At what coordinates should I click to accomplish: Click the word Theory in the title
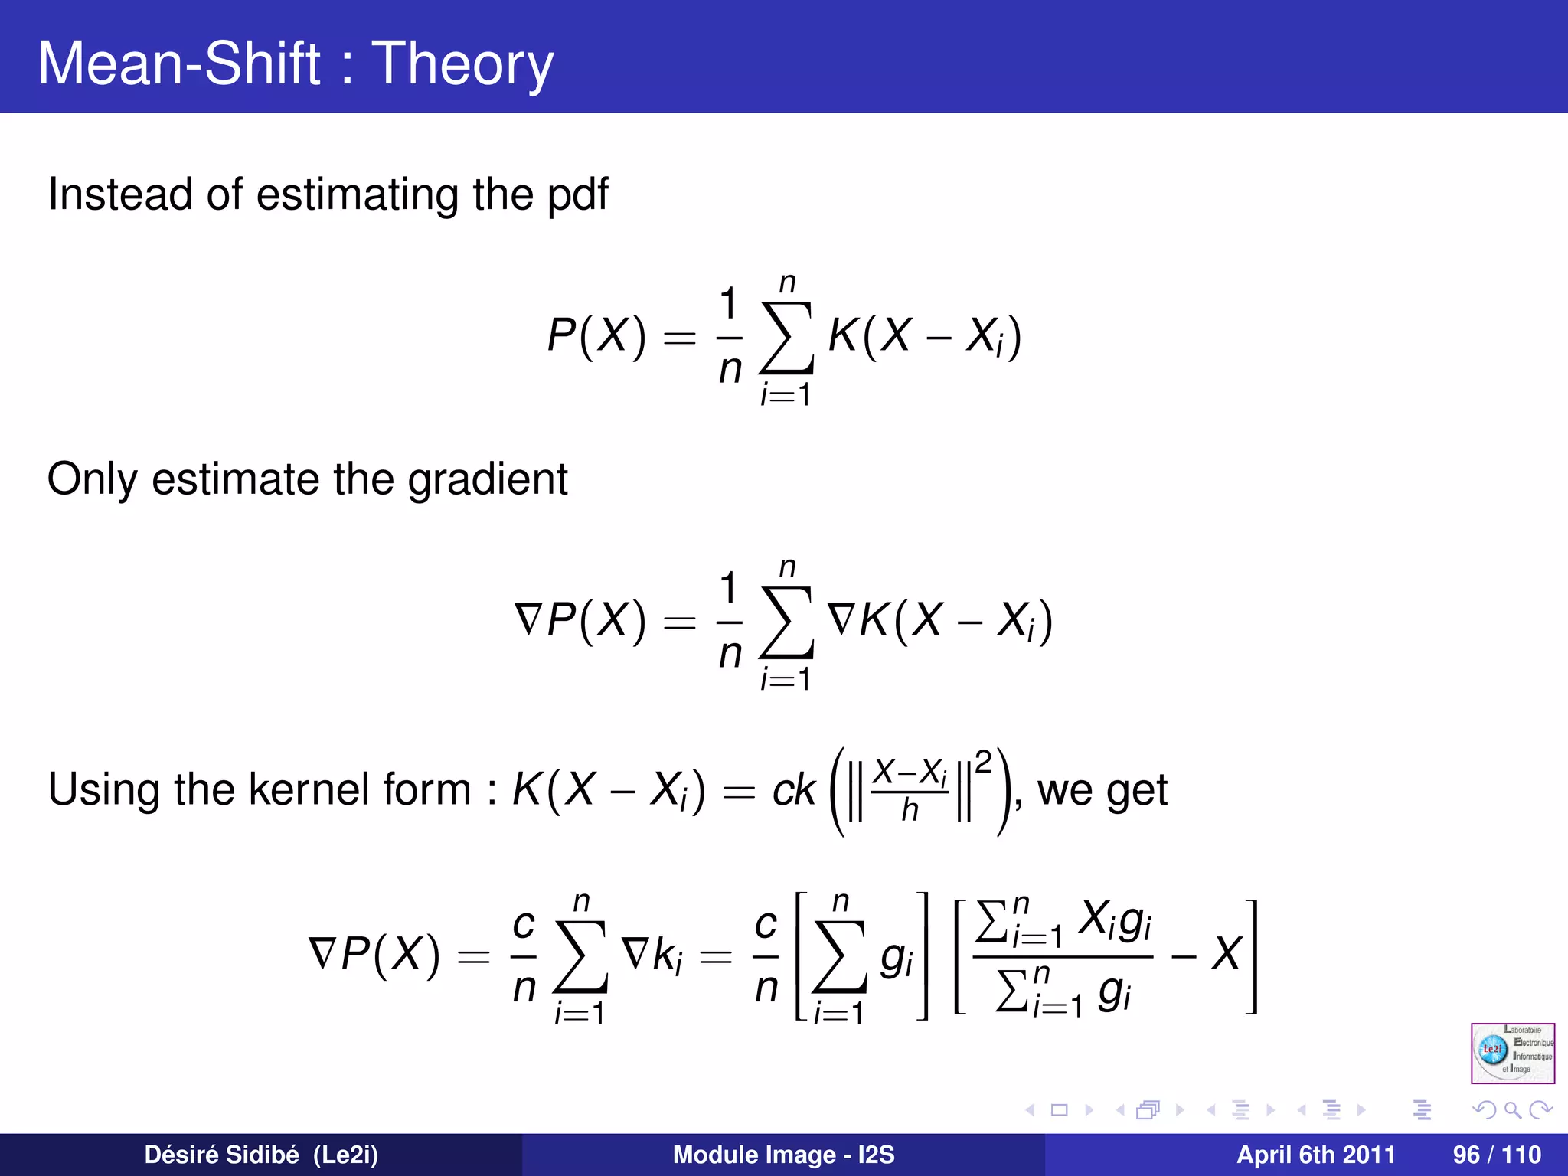[462, 64]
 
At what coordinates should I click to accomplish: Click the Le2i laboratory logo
[1512, 1053]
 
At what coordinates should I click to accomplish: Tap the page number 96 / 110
[1497, 1155]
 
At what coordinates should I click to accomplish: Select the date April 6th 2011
[1315, 1155]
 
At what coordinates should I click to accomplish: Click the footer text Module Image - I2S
[783, 1155]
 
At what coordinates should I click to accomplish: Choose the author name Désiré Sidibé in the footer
[221, 1155]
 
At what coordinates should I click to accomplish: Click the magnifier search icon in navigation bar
[1513, 1109]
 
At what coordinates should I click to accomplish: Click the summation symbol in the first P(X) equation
[786, 338]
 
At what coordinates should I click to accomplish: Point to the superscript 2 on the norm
[984, 761]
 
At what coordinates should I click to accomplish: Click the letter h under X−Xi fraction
[910, 809]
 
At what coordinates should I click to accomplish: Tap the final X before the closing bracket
[1226, 955]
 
